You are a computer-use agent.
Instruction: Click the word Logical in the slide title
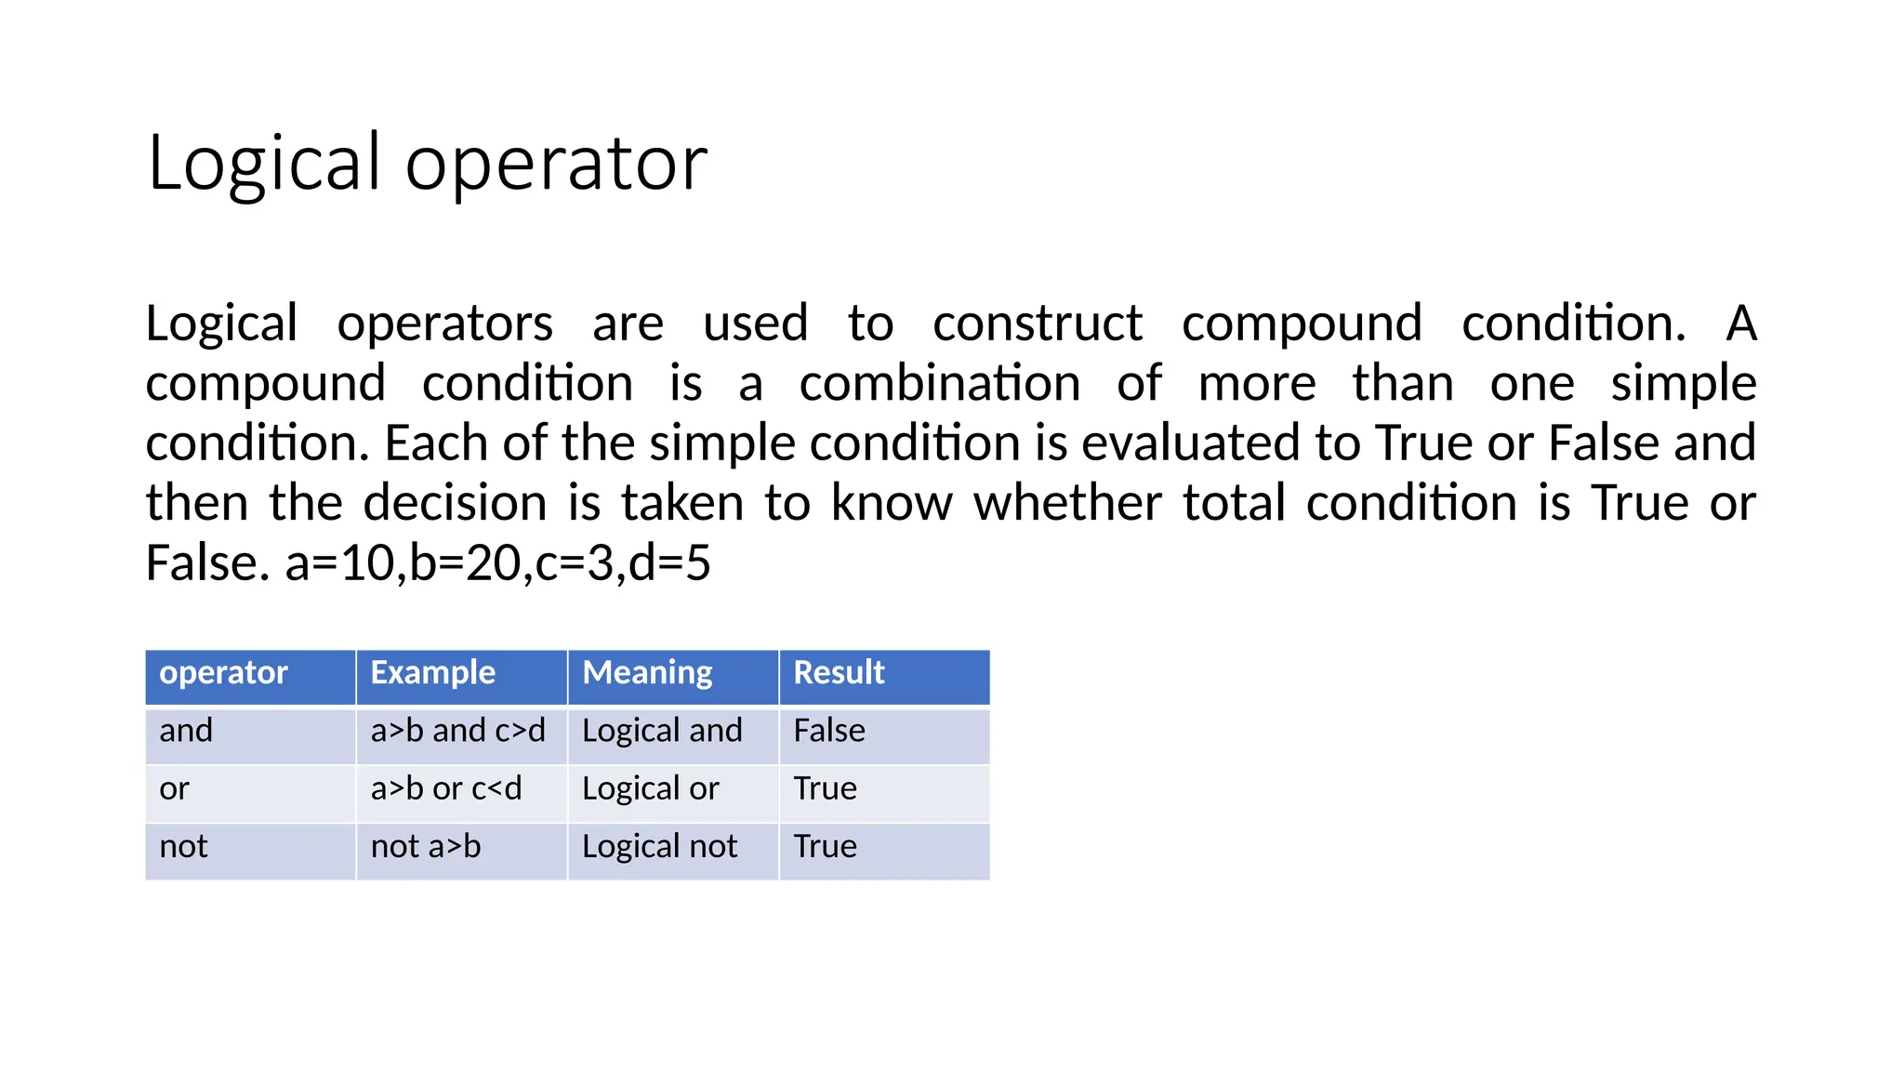pos(264,164)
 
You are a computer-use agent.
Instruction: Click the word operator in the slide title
pos(556,164)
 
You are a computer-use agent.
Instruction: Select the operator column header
pos(223,673)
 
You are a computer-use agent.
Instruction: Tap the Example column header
pos(432,673)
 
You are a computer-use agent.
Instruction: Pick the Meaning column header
pos(647,673)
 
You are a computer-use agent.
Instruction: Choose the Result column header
pos(839,673)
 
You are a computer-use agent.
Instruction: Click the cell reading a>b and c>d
pos(457,732)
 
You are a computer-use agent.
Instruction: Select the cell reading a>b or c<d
pos(446,789)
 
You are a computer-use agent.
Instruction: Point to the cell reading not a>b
pos(426,847)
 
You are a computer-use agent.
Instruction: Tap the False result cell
pos(829,732)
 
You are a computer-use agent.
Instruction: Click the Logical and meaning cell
pos(662,732)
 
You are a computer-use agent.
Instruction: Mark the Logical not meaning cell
pos(659,847)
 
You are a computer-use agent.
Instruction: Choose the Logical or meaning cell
pos(650,789)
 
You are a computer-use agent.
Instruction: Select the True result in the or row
pos(825,789)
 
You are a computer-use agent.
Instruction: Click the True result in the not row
pos(825,847)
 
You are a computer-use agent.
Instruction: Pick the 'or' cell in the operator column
pos(174,789)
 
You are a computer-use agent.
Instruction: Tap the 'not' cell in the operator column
pos(183,847)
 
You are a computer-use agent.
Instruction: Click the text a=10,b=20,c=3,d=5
pos(497,563)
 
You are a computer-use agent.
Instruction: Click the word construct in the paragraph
pos(1038,324)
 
